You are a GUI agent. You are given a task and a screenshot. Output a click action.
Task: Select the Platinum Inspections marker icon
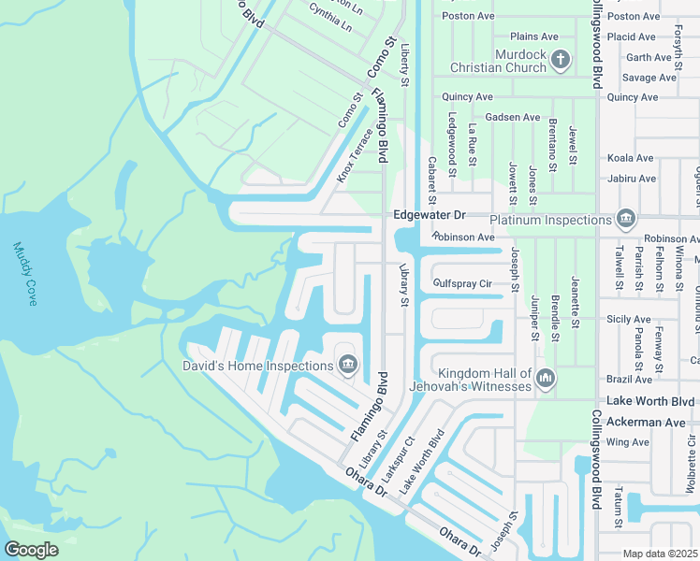pos(626,221)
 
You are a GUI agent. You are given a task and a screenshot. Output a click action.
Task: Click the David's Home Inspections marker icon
pos(348,364)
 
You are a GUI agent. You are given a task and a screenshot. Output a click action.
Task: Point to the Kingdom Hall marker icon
pos(546,379)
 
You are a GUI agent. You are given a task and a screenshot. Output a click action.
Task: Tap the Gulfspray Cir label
pos(462,283)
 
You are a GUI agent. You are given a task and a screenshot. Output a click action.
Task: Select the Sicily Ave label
pos(629,320)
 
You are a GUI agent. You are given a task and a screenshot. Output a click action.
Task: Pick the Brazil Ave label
pos(629,380)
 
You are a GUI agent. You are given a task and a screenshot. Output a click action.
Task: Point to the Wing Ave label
pos(627,442)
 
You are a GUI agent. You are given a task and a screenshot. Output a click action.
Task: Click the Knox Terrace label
pos(355,158)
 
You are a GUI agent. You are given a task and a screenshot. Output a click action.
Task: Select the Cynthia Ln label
pos(330,16)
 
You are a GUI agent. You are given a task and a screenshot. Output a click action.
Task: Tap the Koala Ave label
pos(630,159)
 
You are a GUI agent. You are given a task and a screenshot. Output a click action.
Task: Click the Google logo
pos(31,550)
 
